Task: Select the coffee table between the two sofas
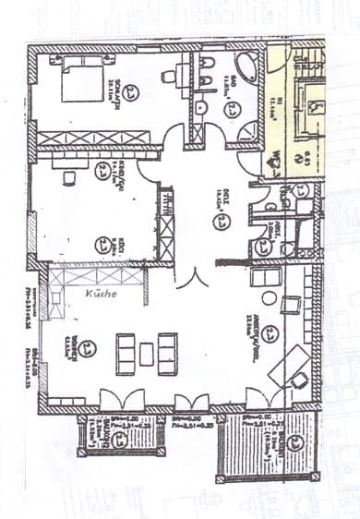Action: pyautogui.click(x=146, y=353)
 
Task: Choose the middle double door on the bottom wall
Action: pyautogui.click(x=191, y=401)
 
